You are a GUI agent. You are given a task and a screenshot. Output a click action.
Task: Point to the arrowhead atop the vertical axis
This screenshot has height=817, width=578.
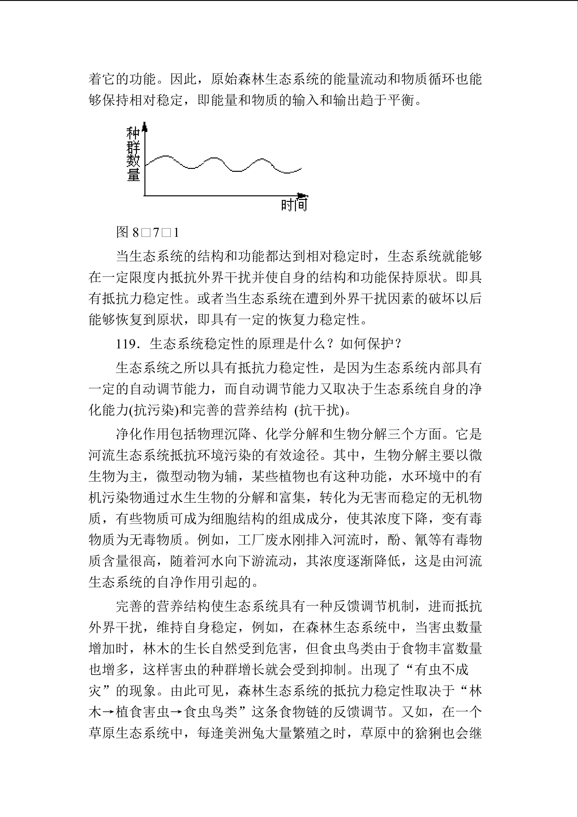click(144, 126)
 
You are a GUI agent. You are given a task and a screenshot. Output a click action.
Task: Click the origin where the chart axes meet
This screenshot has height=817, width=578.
click(145, 195)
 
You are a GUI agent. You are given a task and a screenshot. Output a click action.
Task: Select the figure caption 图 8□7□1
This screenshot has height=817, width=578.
click(148, 233)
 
